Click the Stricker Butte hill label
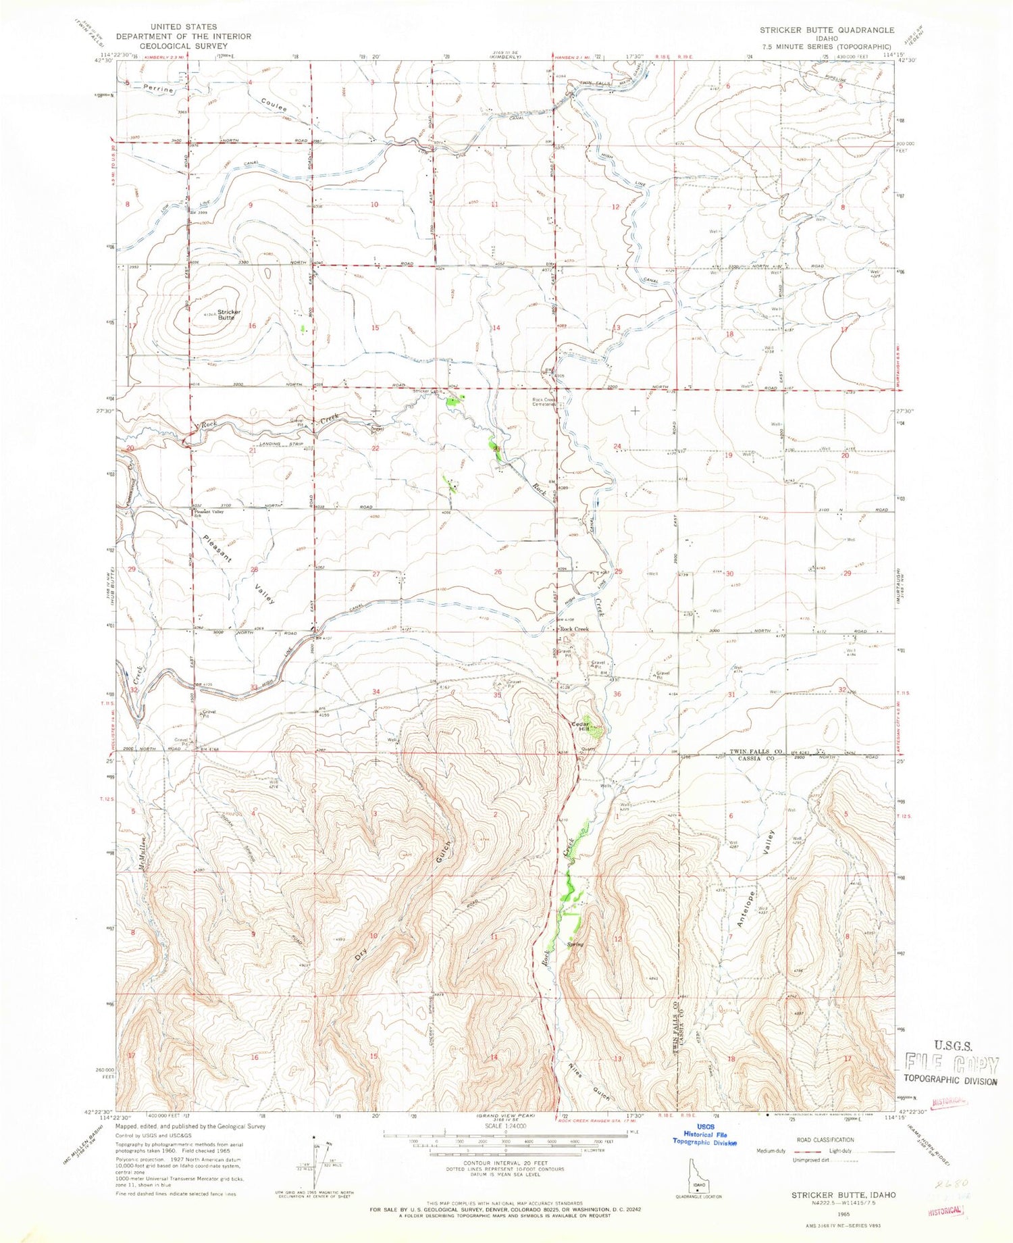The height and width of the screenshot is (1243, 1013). pyautogui.click(x=226, y=314)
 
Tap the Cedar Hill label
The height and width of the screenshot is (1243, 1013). pyautogui.click(x=580, y=726)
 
